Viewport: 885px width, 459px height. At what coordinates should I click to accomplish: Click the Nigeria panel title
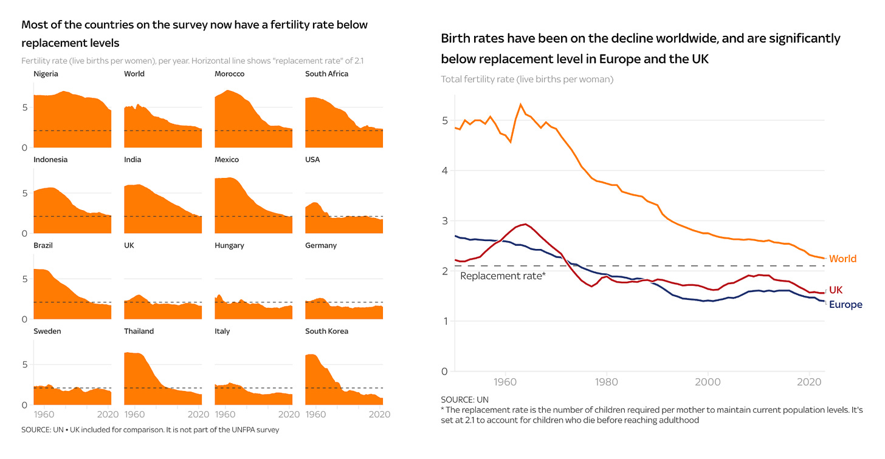(46, 74)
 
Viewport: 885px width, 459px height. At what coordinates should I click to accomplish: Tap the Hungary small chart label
(229, 246)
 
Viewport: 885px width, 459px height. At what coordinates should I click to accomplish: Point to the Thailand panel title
(139, 331)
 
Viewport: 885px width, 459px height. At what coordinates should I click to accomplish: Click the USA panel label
(312, 160)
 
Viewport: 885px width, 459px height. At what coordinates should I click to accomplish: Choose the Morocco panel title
(229, 74)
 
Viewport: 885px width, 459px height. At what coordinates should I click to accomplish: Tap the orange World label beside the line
(842, 259)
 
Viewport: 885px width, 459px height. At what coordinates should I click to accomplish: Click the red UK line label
(836, 290)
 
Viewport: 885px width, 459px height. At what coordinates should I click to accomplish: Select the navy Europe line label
(845, 305)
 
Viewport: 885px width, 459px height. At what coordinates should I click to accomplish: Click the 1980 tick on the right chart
(595, 383)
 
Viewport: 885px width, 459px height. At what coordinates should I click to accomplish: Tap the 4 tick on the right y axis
(445, 171)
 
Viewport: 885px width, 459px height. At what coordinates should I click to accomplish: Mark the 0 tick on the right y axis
(445, 372)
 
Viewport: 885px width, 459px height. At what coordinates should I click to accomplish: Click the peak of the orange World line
(520, 104)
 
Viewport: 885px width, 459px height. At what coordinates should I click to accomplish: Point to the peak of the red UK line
(525, 224)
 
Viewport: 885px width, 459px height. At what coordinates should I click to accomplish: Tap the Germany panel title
(321, 246)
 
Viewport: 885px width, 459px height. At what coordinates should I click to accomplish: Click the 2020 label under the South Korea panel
(380, 415)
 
